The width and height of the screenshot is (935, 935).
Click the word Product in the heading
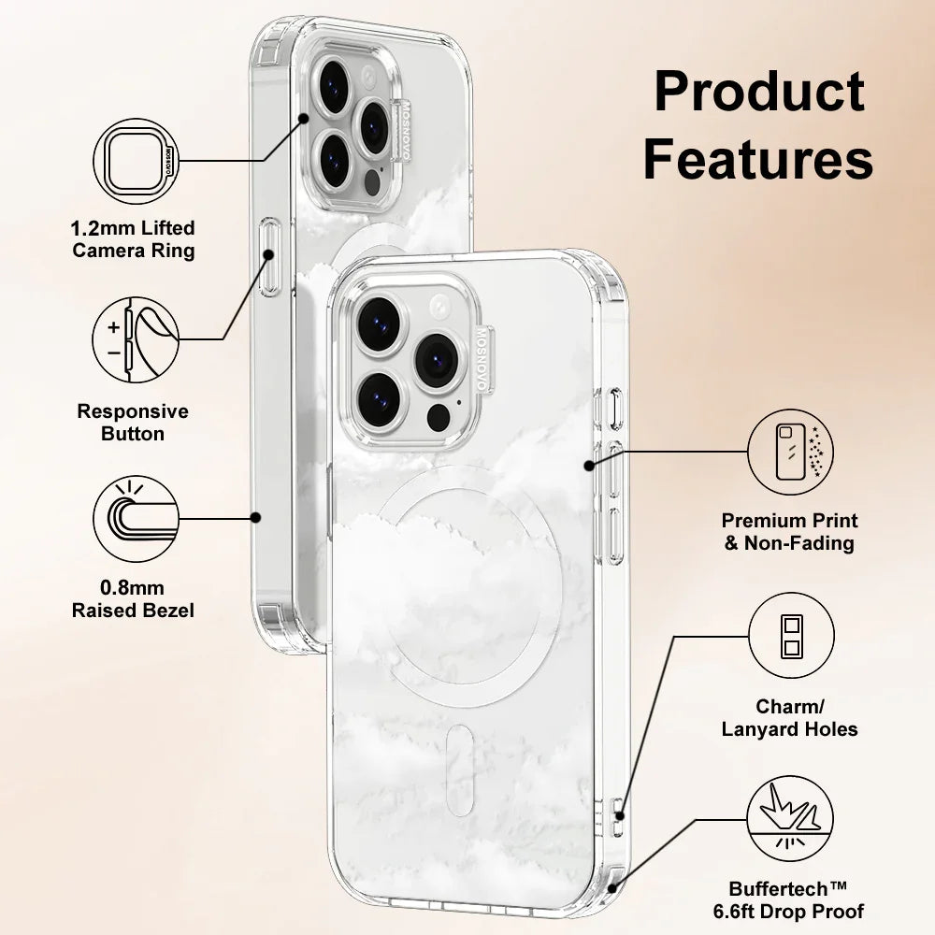758,93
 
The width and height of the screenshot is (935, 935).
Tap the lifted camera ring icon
136,161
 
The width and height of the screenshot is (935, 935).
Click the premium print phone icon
791,450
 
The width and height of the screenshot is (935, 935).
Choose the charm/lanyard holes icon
791,637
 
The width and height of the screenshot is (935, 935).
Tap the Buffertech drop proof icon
791,822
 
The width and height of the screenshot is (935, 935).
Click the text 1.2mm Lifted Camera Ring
134,239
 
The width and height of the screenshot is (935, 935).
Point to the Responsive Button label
133,423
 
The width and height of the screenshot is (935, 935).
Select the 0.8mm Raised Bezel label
133,599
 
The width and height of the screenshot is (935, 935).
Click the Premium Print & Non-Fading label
790,531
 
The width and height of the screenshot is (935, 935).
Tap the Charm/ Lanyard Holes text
790,718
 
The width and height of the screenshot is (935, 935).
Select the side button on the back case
270,256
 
